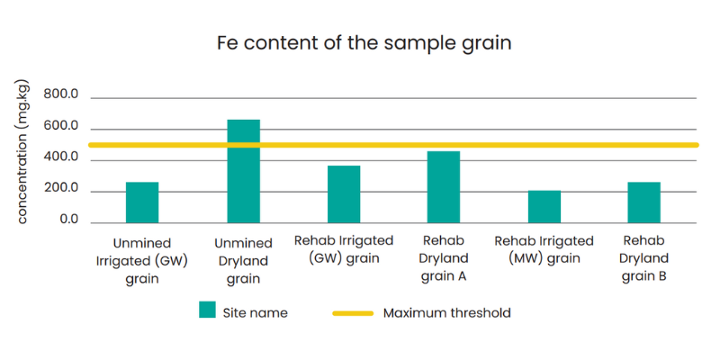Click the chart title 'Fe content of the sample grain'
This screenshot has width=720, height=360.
[364, 43]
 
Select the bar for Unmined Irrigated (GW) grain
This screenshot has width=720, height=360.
[142, 202]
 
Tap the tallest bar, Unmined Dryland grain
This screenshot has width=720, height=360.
[243, 171]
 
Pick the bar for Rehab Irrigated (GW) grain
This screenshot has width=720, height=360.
[344, 194]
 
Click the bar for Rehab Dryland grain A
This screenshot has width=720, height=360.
[444, 187]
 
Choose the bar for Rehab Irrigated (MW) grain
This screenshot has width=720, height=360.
[544, 207]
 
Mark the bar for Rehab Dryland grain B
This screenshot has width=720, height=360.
[644, 202]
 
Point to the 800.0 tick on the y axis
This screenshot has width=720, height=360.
[60, 95]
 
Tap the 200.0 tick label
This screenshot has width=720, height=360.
[60, 189]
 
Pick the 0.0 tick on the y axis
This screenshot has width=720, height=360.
[69, 220]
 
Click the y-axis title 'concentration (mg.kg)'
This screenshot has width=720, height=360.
[22, 152]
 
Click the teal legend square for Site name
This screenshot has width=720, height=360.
[207, 310]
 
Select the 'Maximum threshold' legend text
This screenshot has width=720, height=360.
[446, 313]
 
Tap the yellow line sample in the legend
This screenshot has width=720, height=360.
[353, 313]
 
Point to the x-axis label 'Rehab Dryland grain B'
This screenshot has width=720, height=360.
[643, 259]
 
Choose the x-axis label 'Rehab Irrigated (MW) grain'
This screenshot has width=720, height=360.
[544, 250]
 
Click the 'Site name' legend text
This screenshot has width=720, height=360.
[256, 313]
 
